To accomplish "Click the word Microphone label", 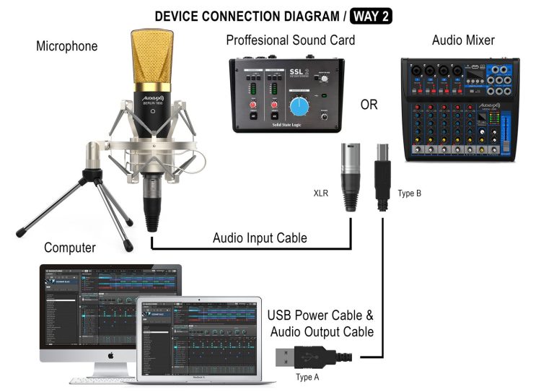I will (x=67, y=47).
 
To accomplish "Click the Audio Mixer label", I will (x=462, y=40).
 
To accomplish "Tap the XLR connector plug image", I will (x=351, y=176).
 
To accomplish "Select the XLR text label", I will (x=321, y=194).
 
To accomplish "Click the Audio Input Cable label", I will (x=260, y=238).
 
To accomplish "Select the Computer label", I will (x=69, y=248).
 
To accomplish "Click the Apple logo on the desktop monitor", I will (x=112, y=356).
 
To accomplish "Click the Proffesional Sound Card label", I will (x=291, y=40).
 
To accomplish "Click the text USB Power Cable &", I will (x=320, y=315).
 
